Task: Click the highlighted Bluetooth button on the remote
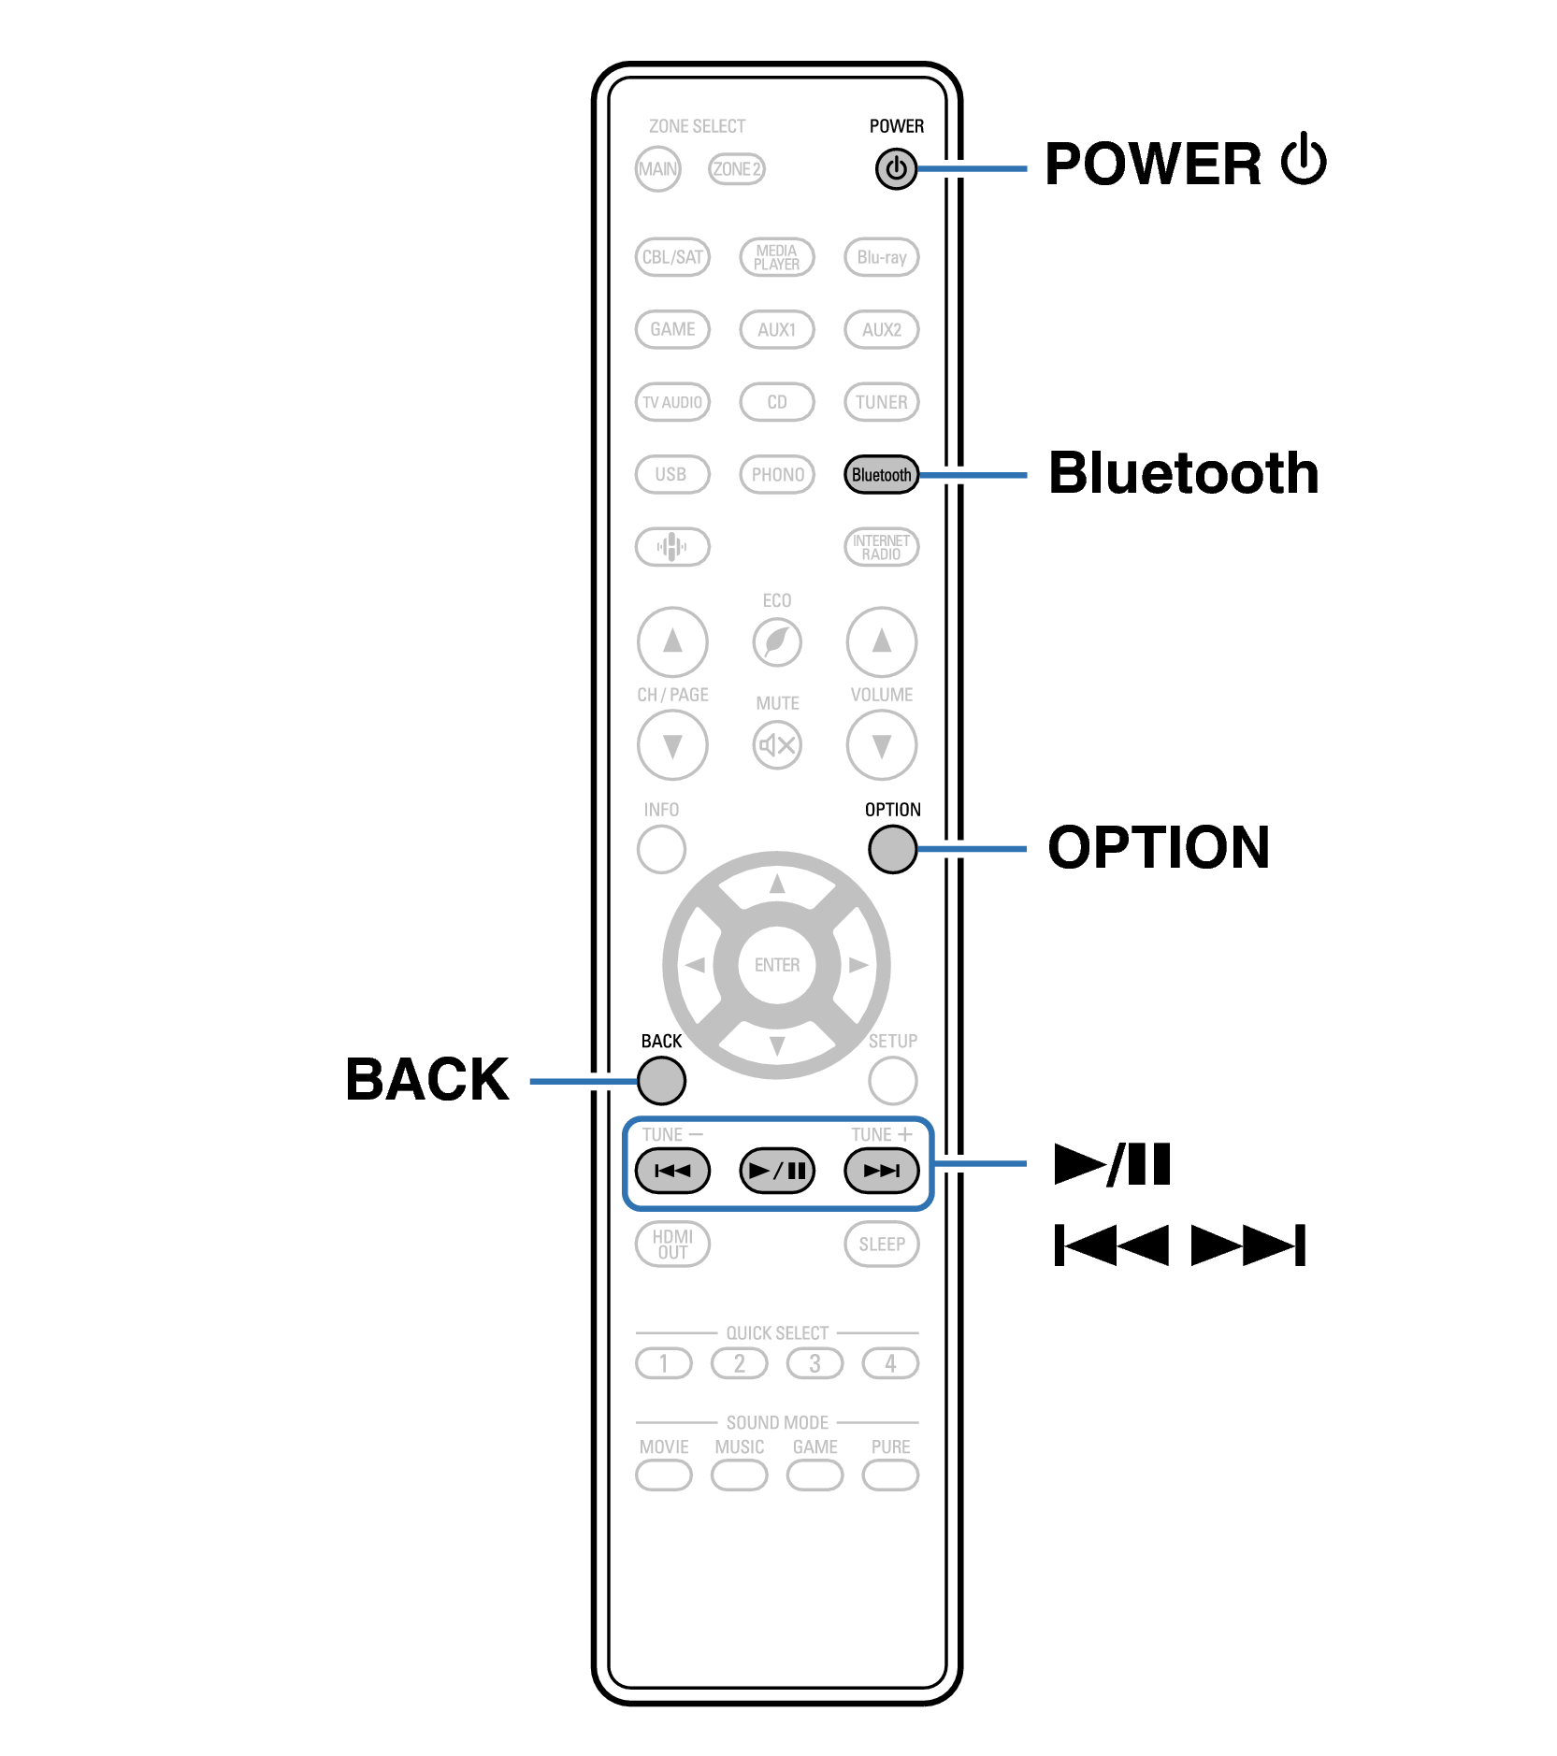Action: coord(881,474)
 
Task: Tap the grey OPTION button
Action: coord(892,849)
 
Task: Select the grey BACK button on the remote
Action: coord(661,1080)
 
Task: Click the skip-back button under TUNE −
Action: coord(672,1170)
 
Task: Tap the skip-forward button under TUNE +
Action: coord(881,1170)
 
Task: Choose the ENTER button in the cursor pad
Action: coord(776,964)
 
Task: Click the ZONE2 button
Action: coord(736,169)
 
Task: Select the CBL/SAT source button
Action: coord(672,257)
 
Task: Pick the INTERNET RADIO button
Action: coord(881,547)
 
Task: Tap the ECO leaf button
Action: coord(776,642)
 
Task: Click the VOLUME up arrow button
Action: coord(881,642)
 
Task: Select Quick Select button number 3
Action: coord(815,1363)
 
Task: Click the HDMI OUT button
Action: coord(672,1244)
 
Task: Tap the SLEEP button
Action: coord(881,1244)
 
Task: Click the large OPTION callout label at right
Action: coord(1158,847)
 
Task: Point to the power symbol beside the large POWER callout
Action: coord(1304,161)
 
